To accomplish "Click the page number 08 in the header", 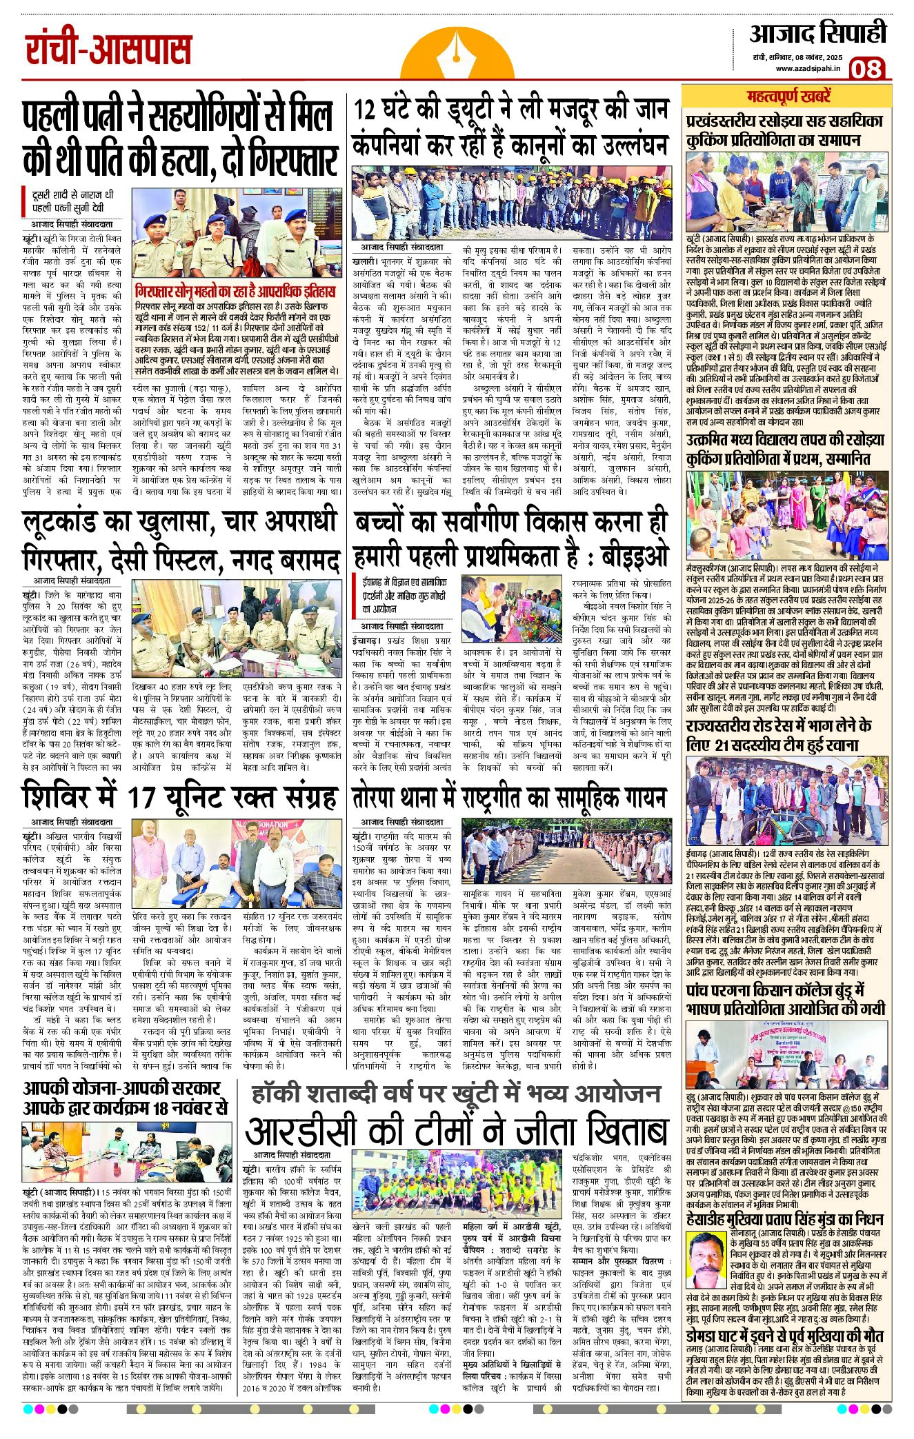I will (865, 68).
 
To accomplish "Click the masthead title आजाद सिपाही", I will (817, 32).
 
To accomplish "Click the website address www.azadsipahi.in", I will (808, 68).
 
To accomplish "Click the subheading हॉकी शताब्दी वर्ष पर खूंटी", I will (455, 1094).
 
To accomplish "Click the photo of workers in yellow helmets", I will (510, 202).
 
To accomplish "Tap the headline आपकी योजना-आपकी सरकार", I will (124, 1098).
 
